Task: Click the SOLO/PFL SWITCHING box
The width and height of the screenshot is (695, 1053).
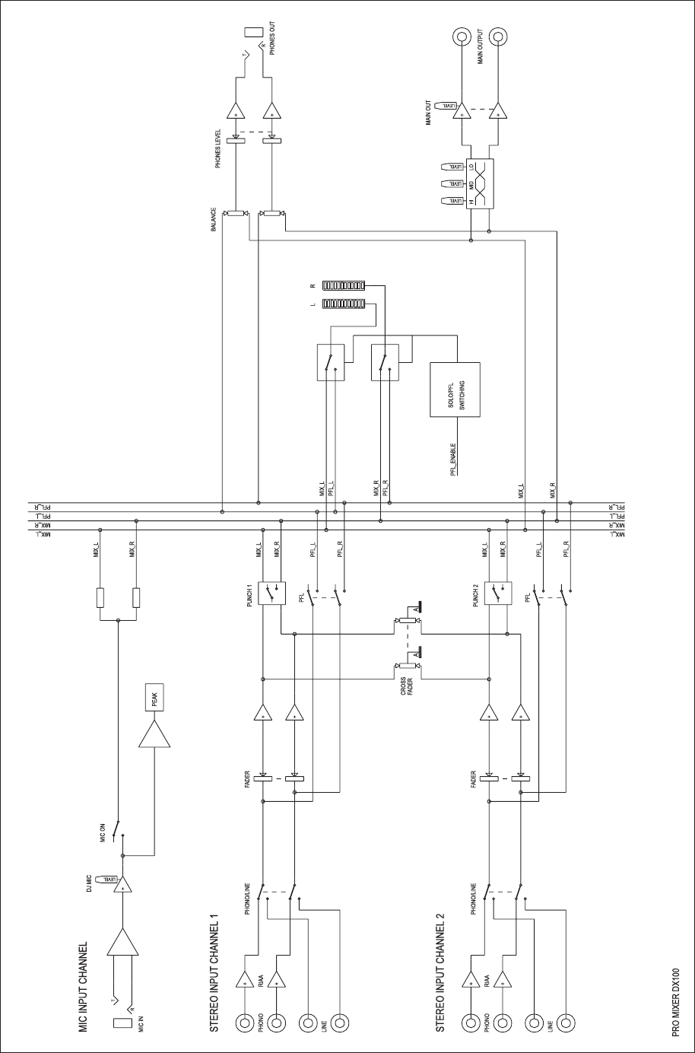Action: (457, 389)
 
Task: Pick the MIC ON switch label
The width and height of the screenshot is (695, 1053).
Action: (103, 835)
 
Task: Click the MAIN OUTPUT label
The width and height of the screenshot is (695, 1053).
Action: (481, 48)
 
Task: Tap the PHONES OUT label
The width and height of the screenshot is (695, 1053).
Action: (273, 38)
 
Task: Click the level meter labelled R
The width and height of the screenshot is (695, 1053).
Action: (344, 286)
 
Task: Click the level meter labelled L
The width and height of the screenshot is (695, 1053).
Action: (344, 304)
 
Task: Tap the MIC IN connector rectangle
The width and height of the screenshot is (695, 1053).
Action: (122, 1023)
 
